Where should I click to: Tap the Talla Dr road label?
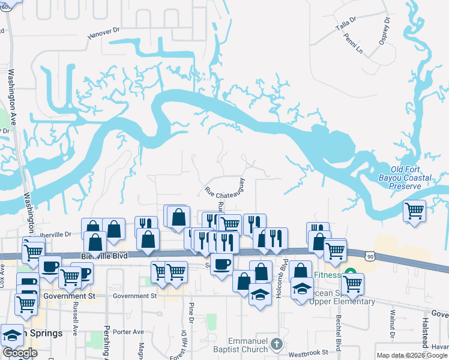coord(346,25)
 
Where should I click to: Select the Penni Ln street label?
coord(354,43)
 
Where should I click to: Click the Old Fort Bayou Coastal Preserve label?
coord(411,178)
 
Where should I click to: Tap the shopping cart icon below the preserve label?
coord(414,211)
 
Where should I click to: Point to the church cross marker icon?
coord(276,344)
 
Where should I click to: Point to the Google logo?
coord(20,353)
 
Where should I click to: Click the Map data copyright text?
coord(411,355)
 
